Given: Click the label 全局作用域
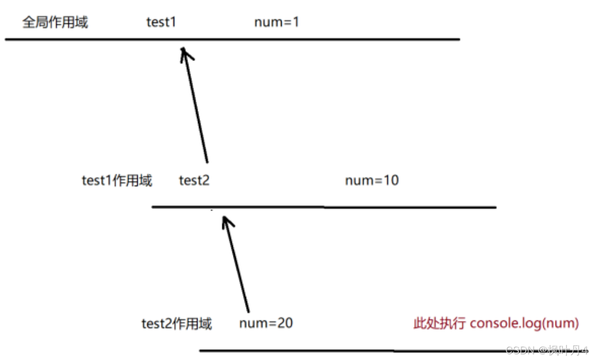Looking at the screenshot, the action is [55, 22].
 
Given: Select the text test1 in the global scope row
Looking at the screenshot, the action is [161, 22].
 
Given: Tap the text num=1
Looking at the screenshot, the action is [276, 22].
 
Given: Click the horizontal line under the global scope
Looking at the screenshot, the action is [232, 40].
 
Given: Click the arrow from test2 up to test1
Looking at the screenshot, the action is [195, 105].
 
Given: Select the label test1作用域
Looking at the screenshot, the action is [117, 181].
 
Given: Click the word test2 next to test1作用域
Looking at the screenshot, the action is [194, 181].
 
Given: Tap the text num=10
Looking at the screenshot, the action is [372, 181].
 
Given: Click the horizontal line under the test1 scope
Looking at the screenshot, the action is [324, 207].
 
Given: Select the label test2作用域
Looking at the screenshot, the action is [177, 324].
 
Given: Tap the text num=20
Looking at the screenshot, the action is [266, 324].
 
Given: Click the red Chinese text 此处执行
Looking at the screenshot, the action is [440, 324].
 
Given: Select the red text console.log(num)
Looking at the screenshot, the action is [524, 324].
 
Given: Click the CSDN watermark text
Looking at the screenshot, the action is [547, 350].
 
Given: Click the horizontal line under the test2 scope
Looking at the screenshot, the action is [394, 351].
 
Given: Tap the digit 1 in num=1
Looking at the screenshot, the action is [297, 22].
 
